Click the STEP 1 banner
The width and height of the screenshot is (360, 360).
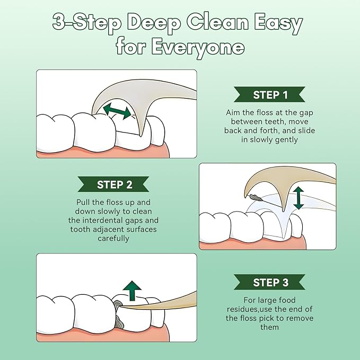[x=269, y=94]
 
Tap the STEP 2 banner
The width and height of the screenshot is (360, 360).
[x=113, y=184]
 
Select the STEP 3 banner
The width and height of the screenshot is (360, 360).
[x=269, y=282]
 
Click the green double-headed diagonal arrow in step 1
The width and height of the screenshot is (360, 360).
[x=117, y=111]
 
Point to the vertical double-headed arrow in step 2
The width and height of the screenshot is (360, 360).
[x=298, y=198]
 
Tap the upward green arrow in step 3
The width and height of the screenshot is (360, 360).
[x=132, y=291]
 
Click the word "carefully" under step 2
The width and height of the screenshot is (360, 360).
[x=113, y=238]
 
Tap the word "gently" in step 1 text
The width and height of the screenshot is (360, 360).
[x=286, y=139]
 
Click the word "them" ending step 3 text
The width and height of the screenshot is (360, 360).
[x=269, y=327]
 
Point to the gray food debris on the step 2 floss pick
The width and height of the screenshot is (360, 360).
[x=255, y=197]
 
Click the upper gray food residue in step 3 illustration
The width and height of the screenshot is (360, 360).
[x=117, y=304]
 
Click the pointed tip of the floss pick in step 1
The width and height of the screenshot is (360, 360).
[x=141, y=136]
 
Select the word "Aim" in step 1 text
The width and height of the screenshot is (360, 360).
[x=231, y=112]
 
